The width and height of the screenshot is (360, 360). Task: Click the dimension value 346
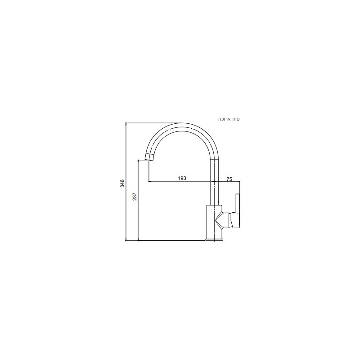point(122,184)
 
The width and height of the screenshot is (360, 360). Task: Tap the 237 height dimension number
point(135,197)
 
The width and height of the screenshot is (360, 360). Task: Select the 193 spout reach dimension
point(182,178)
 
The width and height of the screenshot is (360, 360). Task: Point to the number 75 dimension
point(229,180)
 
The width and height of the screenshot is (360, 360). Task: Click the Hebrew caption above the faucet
point(229,119)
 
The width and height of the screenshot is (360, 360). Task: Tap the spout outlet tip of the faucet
point(149,157)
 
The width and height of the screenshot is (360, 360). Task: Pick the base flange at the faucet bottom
point(214,240)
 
